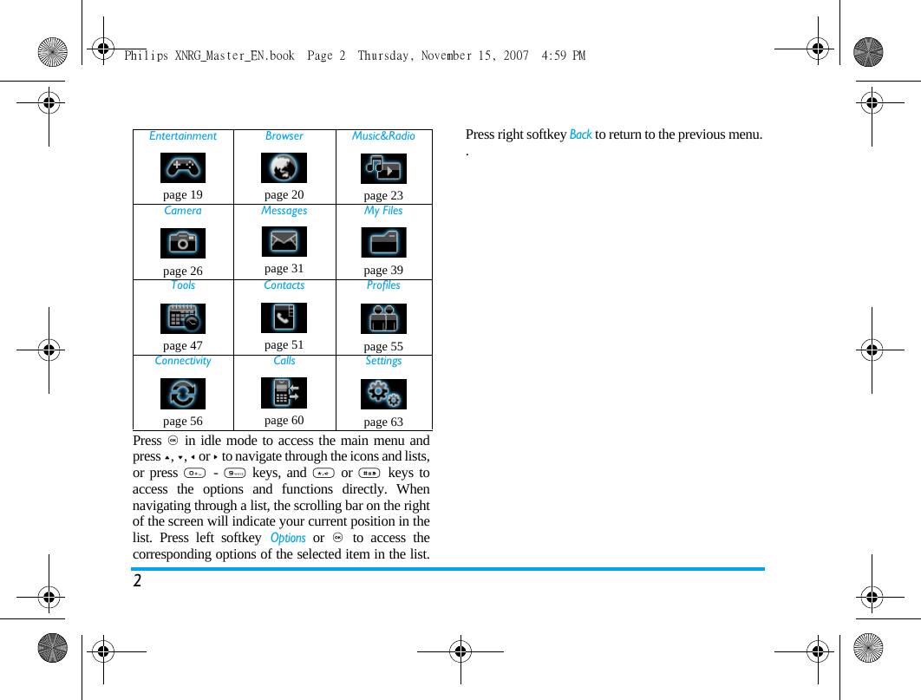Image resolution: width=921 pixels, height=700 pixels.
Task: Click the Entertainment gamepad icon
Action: (183, 167)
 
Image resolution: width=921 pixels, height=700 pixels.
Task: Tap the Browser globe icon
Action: (284, 167)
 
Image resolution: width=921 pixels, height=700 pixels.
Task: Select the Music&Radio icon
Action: (383, 168)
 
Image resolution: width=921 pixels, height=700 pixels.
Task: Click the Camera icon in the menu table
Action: (183, 243)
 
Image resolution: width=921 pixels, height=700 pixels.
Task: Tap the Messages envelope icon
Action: (284, 241)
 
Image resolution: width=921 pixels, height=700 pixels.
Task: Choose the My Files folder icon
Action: (383, 243)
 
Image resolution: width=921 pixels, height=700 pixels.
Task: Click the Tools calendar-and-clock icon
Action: (183, 318)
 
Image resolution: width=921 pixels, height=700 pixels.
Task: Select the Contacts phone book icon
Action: (284, 317)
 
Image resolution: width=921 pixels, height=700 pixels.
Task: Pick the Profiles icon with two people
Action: (383, 318)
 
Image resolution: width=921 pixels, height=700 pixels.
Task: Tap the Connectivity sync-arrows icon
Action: (183, 394)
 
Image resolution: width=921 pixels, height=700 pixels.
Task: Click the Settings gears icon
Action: (383, 394)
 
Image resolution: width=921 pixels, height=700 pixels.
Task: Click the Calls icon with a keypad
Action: (284, 393)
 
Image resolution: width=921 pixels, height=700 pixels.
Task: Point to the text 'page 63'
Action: (383, 422)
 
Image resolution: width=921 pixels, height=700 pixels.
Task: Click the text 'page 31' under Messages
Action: (284, 269)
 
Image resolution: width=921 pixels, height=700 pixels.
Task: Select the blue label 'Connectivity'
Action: (183, 361)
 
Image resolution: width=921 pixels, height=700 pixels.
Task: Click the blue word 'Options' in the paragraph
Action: (288, 538)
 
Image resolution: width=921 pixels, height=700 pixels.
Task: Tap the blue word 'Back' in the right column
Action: (580, 134)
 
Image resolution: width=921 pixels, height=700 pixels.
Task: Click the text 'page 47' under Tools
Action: (183, 345)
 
